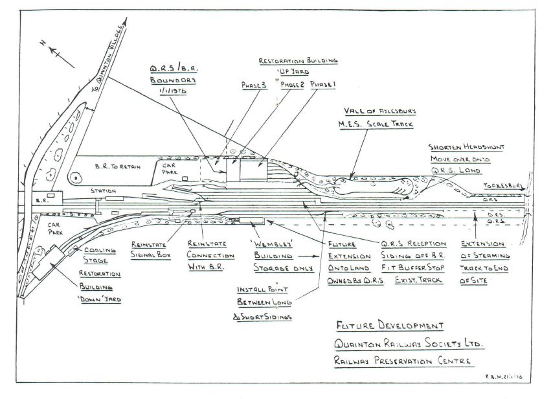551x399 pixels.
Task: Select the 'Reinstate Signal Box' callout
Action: coord(150,251)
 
